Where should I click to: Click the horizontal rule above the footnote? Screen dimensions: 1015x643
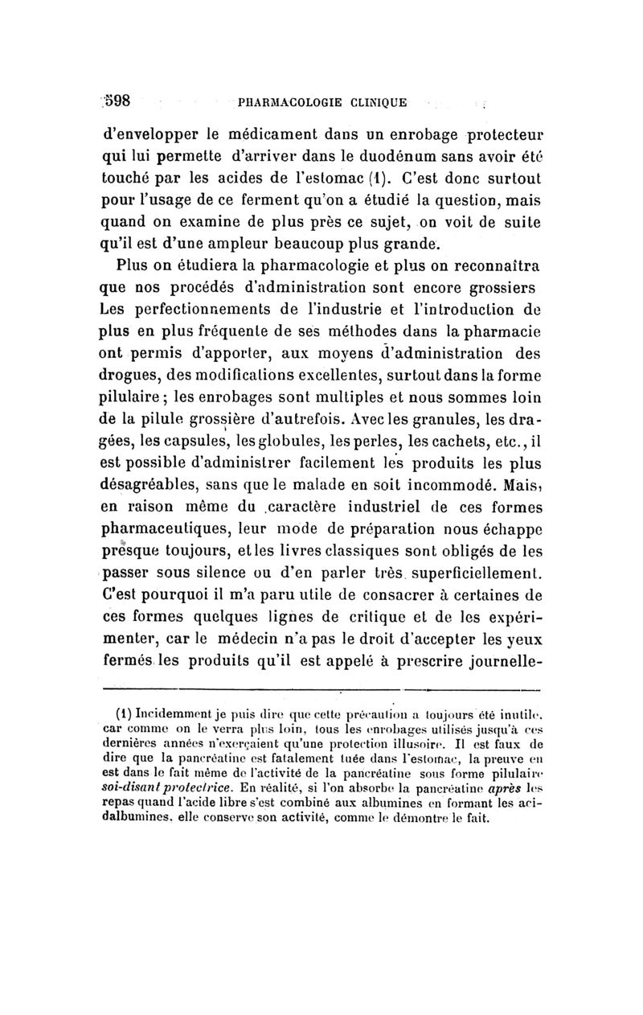click(x=321, y=689)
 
